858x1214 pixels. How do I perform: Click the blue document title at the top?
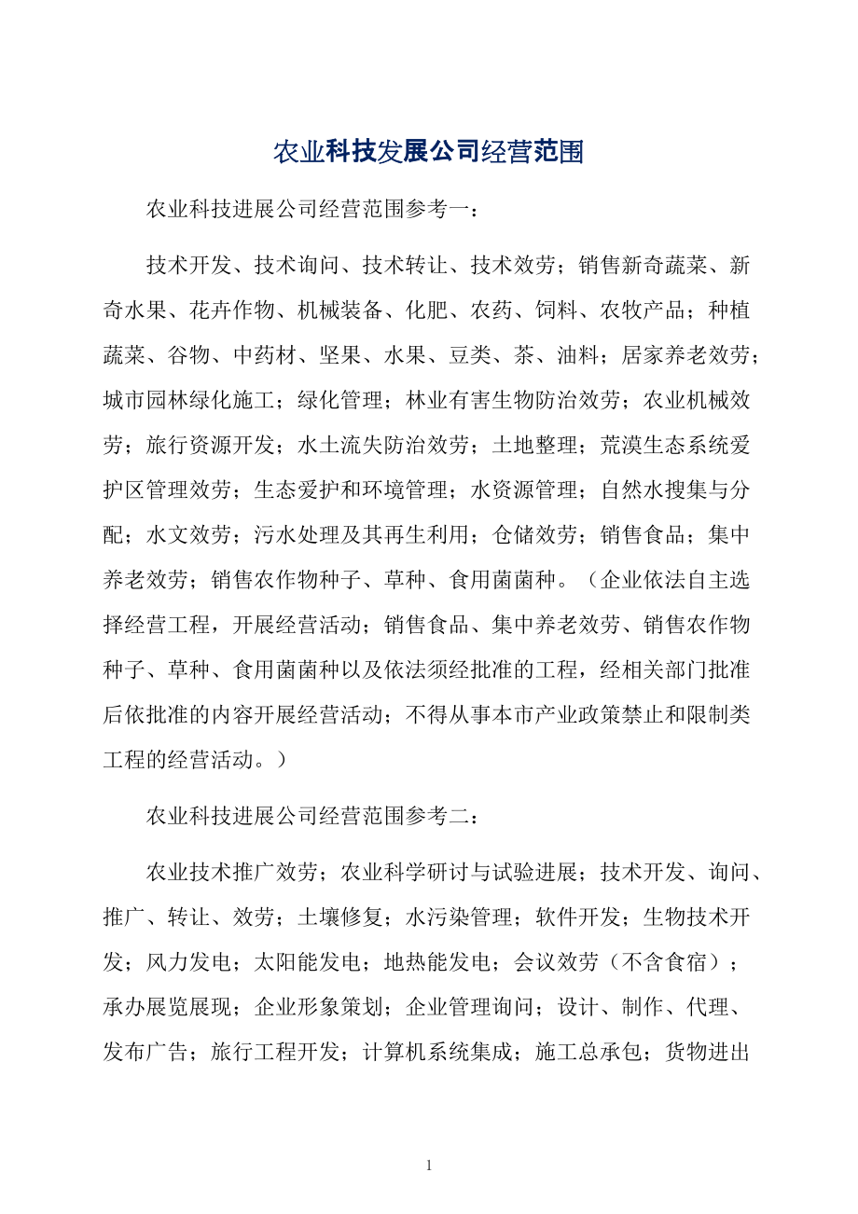pos(428,152)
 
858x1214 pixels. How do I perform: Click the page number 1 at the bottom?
pos(429,1165)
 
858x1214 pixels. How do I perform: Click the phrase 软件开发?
pos(579,917)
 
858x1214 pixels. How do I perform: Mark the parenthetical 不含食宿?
pos(666,960)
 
